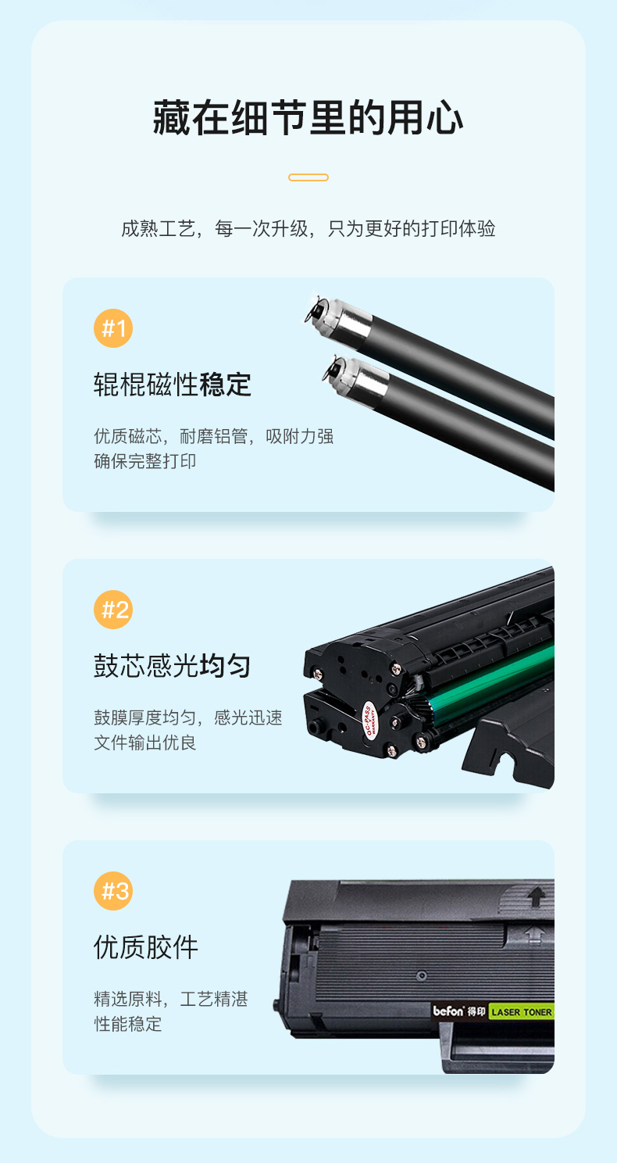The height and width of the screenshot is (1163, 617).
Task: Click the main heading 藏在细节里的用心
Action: (308, 118)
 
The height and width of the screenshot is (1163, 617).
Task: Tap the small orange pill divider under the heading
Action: (308, 177)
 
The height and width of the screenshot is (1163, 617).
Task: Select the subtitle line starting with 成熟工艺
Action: (308, 228)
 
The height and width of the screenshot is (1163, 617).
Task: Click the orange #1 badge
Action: (113, 328)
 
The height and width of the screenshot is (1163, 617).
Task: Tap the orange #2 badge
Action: (113, 610)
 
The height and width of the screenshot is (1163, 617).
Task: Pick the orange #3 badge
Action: (113, 891)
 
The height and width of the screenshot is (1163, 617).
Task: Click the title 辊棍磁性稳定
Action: (173, 385)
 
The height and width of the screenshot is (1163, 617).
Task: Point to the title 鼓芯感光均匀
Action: (173, 666)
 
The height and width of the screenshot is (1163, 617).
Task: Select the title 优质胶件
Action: (146, 947)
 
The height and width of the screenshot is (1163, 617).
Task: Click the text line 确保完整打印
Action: (144, 461)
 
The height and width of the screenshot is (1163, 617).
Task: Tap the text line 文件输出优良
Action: (144, 743)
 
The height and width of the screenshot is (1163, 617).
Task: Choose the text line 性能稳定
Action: (127, 1024)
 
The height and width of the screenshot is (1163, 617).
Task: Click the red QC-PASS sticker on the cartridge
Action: (369, 720)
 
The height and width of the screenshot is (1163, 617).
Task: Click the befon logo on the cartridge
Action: (448, 1011)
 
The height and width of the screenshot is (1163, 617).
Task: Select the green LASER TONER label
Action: (522, 1011)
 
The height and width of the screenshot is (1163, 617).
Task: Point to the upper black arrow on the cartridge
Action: (536, 896)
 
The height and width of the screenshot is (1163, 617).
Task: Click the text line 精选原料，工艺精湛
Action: (171, 999)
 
